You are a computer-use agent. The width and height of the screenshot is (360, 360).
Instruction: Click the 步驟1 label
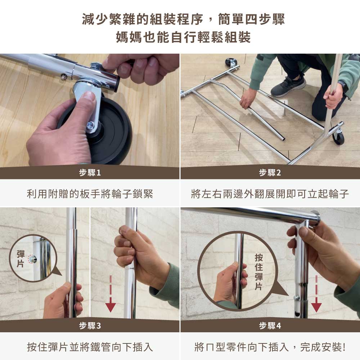click(90, 173)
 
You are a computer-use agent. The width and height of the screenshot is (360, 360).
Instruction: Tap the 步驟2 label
click(270, 173)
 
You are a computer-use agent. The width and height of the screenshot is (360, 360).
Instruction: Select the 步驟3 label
click(90, 325)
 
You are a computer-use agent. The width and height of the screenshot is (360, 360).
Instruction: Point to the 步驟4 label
click(270, 325)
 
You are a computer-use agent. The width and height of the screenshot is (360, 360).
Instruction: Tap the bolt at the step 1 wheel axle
click(90, 125)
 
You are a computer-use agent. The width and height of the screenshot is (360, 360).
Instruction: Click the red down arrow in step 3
click(111, 294)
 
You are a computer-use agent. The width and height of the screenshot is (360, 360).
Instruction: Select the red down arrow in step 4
click(316, 294)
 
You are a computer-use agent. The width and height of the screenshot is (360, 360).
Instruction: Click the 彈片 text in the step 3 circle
click(20, 259)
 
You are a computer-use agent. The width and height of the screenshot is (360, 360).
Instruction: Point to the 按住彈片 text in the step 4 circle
click(259, 272)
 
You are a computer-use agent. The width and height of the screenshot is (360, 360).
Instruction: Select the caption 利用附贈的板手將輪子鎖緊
click(90, 194)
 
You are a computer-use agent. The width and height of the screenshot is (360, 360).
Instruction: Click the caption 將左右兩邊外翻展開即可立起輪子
click(270, 194)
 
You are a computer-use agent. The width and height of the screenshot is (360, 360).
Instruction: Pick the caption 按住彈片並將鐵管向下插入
click(90, 347)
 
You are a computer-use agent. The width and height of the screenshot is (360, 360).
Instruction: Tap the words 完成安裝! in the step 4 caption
click(323, 347)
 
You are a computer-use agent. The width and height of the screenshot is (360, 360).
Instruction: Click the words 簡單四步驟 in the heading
click(252, 19)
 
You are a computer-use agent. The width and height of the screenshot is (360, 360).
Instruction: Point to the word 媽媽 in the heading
click(129, 37)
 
